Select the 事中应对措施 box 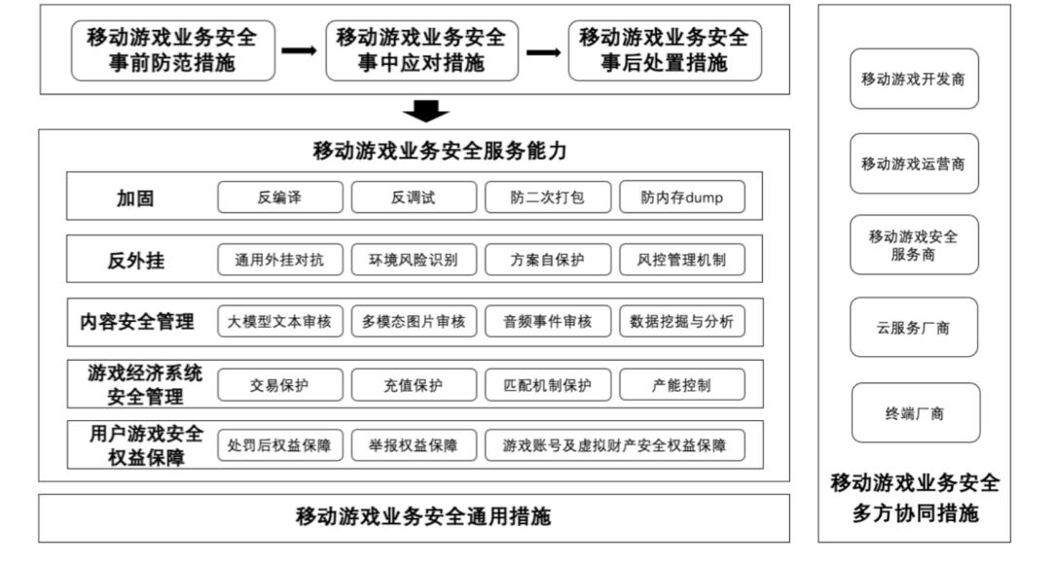pyautogui.click(x=421, y=51)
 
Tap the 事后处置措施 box pyautogui.click(x=664, y=51)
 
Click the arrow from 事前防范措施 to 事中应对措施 pyautogui.click(x=298, y=51)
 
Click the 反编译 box pyautogui.click(x=280, y=197)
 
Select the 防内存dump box pyautogui.click(x=681, y=197)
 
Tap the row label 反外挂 pyautogui.click(x=135, y=260)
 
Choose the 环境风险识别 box pyautogui.click(x=414, y=260)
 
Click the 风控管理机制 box pyautogui.click(x=681, y=260)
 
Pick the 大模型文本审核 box pyautogui.click(x=280, y=322)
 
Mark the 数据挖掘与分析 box pyautogui.click(x=681, y=322)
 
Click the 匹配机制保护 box pyautogui.click(x=547, y=385)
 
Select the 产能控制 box pyautogui.click(x=681, y=385)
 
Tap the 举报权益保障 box pyautogui.click(x=414, y=445)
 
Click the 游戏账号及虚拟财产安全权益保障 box pyautogui.click(x=614, y=445)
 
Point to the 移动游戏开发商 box pyautogui.click(x=913, y=79)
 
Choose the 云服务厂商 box pyautogui.click(x=913, y=328)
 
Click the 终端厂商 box pyautogui.click(x=913, y=413)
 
